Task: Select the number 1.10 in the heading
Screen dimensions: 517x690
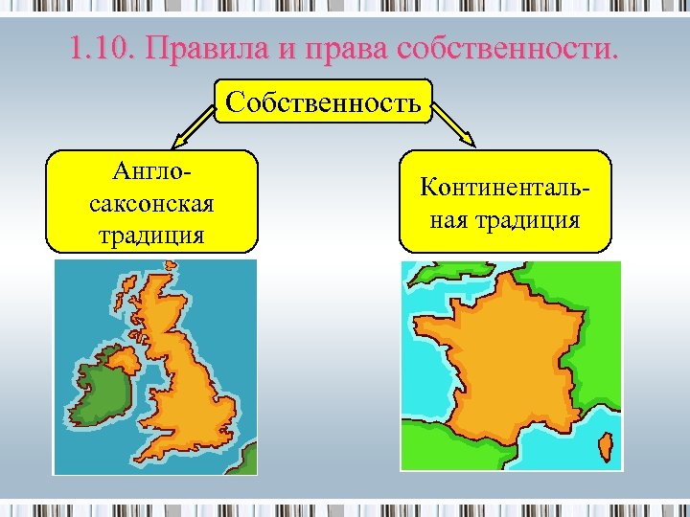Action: click(100, 47)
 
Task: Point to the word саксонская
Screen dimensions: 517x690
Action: click(151, 204)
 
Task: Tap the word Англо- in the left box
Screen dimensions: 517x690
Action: click(151, 174)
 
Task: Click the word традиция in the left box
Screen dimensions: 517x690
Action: click(151, 234)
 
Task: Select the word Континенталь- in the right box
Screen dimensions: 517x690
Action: click(504, 188)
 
